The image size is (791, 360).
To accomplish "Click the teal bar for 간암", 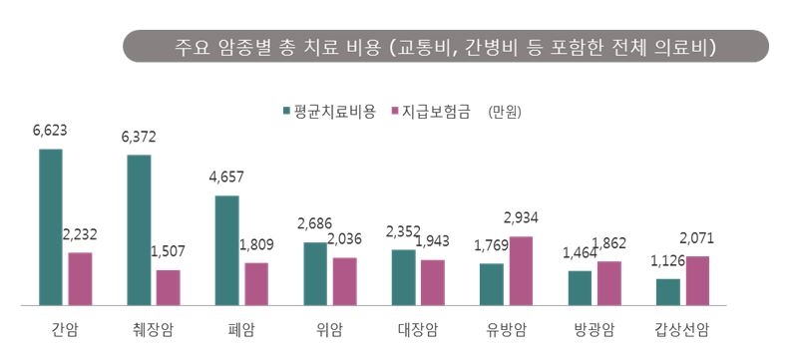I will tap(51, 226).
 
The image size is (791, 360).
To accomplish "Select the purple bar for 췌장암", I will tap(169, 287).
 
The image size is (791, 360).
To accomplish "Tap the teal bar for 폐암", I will tap(226, 249).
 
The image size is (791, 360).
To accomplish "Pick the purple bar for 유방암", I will tap(521, 270).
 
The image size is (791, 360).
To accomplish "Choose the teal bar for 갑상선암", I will tap(667, 291).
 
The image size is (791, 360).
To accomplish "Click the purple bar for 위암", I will tap(345, 280).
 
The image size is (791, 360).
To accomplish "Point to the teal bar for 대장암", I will tap(403, 276).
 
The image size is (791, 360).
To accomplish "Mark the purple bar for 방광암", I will tap(608, 282).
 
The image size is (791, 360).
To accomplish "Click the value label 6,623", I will tap(50, 131).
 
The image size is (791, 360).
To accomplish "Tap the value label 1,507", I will tap(169, 251).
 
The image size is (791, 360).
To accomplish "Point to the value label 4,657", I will tap(227, 178).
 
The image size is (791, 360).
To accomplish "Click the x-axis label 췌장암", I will tap(153, 329).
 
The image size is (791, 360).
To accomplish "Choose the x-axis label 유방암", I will tap(505, 329).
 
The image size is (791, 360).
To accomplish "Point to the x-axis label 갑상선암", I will tap(683, 329).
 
